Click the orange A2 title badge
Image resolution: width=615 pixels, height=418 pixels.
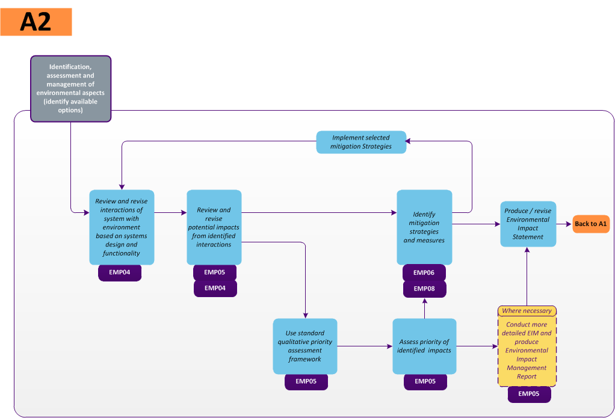click(36, 22)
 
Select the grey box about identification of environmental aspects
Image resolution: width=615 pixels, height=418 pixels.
click(70, 89)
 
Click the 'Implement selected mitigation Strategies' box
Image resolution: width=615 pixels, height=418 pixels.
click(361, 142)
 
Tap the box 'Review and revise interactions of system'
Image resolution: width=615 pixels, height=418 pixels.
click(122, 227)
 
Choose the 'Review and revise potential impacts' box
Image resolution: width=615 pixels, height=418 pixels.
click(214, 227)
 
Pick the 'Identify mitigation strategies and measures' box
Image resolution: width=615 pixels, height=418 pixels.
click(424, 227)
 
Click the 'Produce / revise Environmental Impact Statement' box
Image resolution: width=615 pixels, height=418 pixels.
click(528, 224)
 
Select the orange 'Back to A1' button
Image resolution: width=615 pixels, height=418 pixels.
click(591, 224)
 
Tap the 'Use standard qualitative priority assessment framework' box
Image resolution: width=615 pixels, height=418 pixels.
click(304, 346)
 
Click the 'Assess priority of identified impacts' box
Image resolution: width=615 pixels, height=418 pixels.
click(424, 346)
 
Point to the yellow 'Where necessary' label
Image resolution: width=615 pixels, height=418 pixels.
click(527, 311)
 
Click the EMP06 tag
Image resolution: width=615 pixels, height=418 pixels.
click(424, 272)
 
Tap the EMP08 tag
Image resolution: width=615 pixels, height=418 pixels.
click(424, 289)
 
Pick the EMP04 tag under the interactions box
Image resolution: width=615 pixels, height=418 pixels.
click(120, 272)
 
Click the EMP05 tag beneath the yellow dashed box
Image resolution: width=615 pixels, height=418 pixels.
click(529, 394)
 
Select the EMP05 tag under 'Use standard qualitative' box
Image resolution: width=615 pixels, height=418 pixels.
click(306, 381)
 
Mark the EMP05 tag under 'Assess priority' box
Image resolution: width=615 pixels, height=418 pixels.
click(425, 381)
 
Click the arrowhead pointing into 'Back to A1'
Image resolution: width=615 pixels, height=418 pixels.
click(569, 224)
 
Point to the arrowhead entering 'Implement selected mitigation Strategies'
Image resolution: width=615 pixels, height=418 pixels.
click(409, 142)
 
